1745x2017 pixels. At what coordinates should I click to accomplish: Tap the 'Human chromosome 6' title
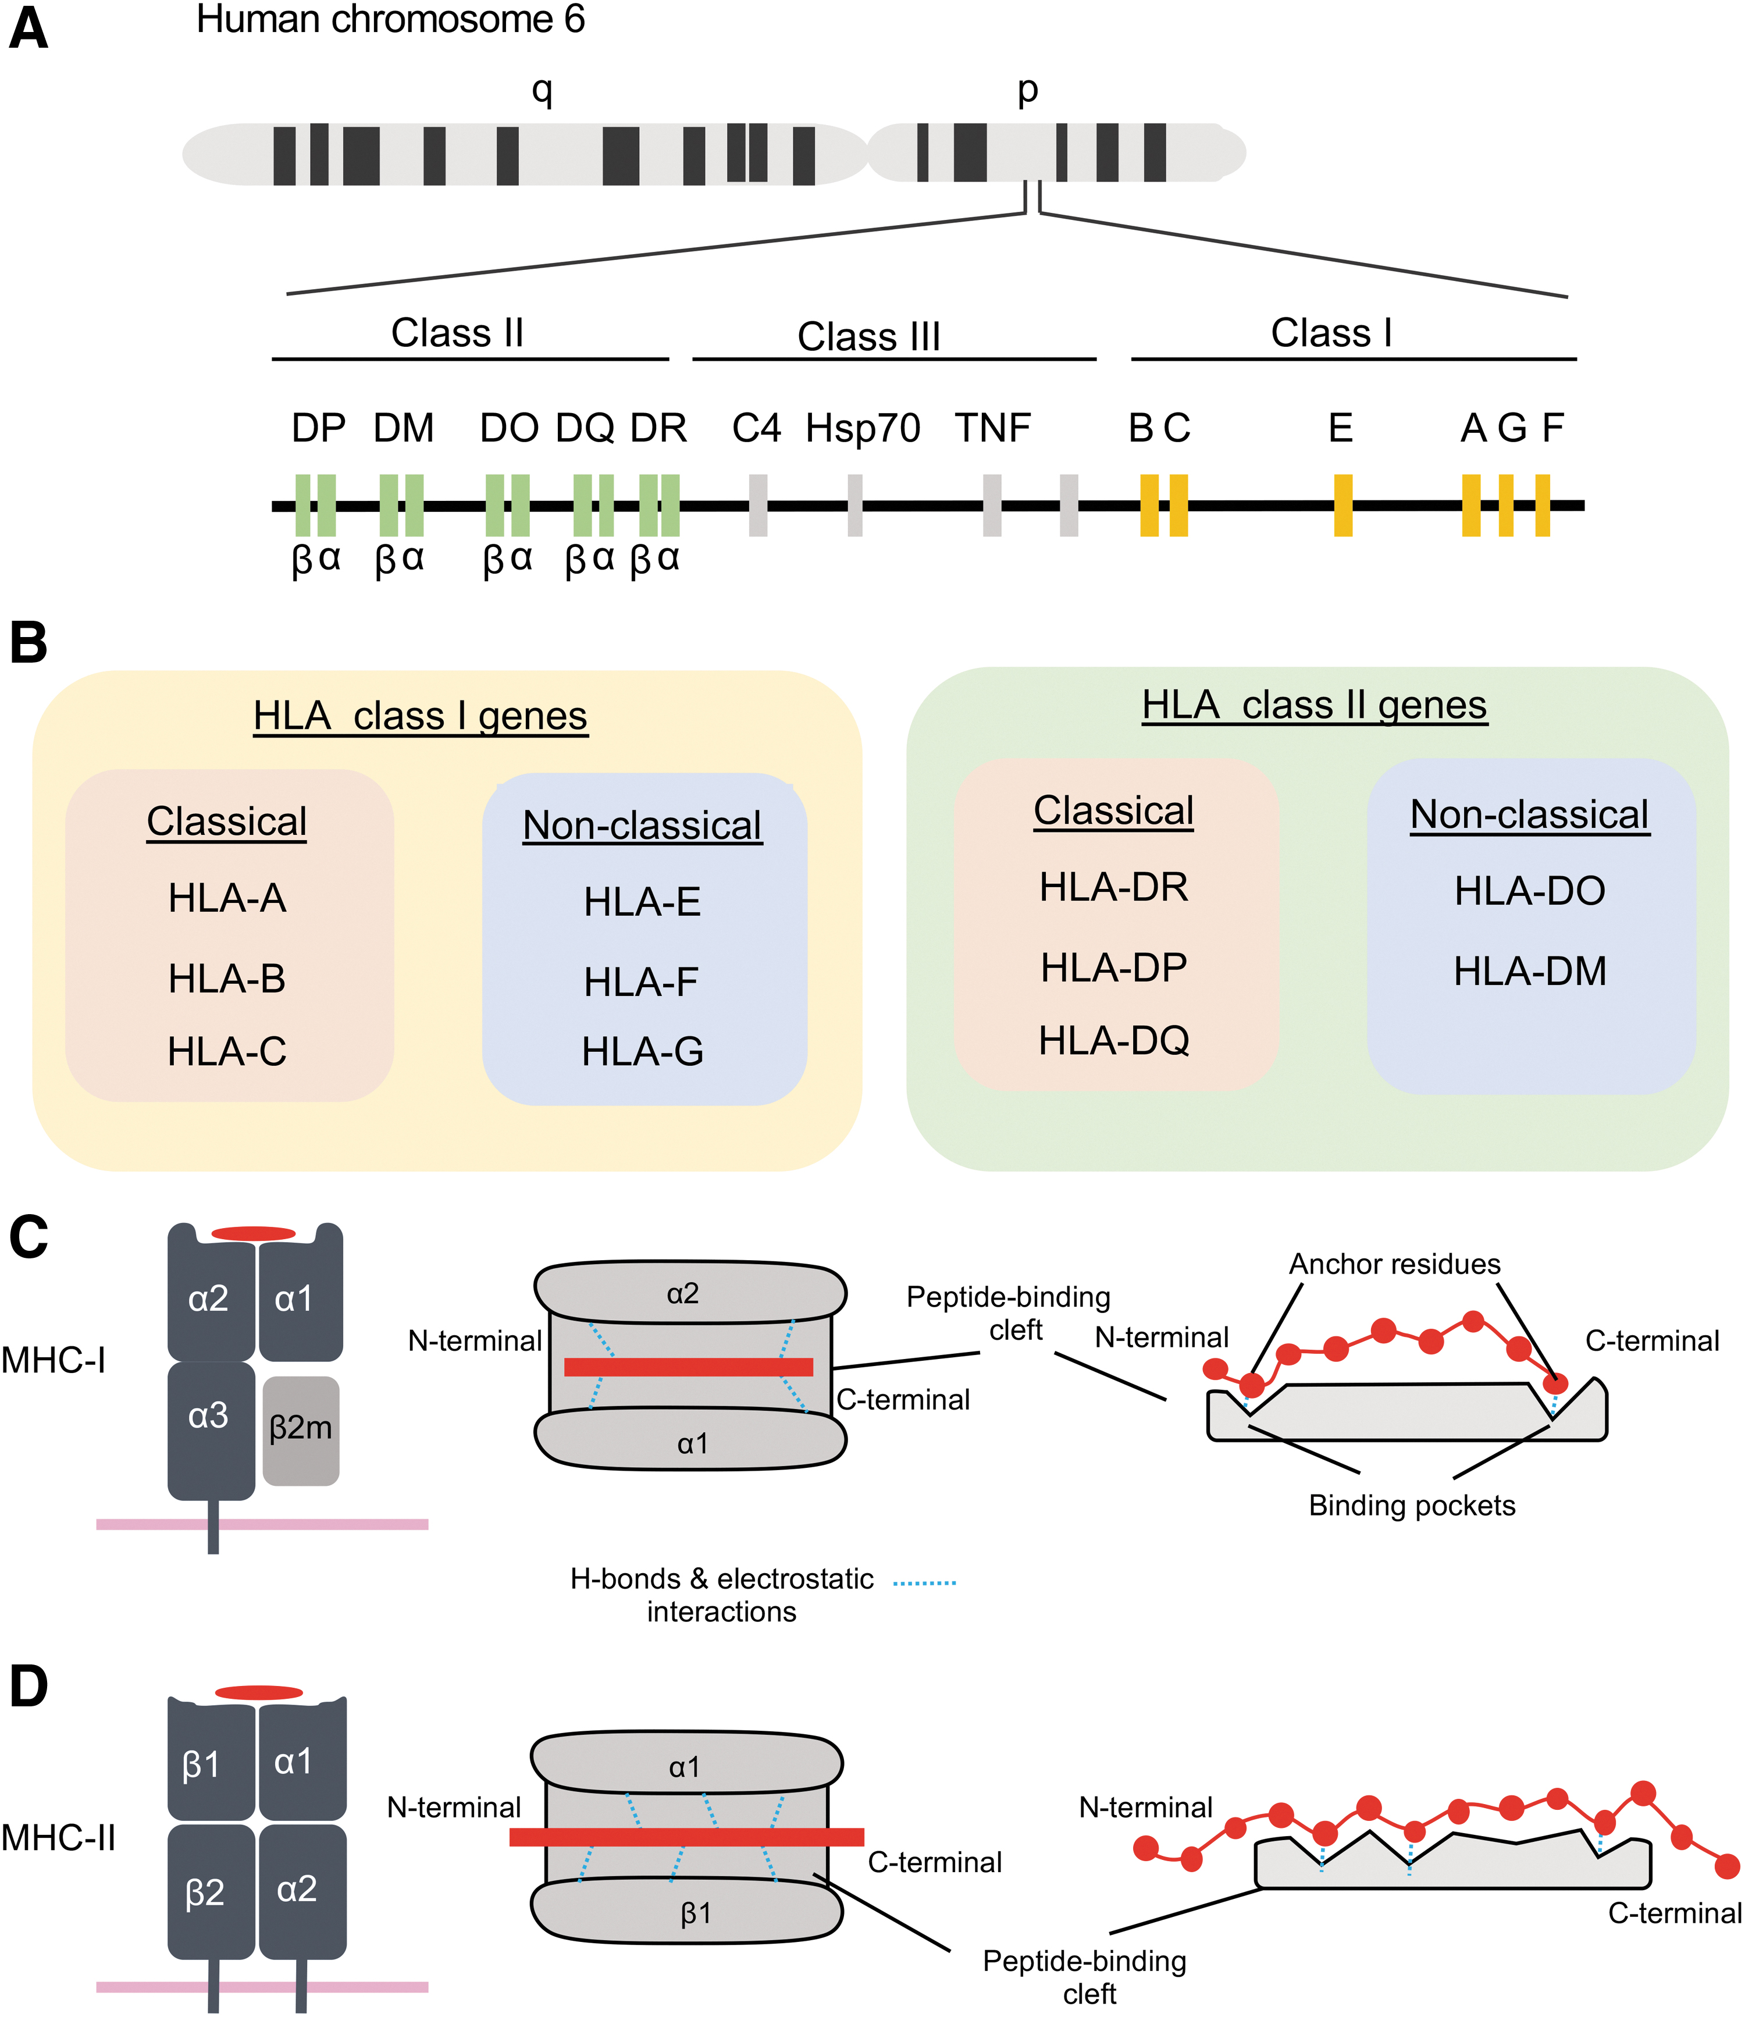[x=390, y=19]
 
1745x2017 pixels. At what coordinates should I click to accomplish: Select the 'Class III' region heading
[x=868, y=336]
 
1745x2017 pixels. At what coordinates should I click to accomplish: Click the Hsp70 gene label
[x=863, y=429]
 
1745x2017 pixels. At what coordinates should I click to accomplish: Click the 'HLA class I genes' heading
[x=421, y=716]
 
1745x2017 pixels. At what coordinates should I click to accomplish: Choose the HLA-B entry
[x=227, y=978]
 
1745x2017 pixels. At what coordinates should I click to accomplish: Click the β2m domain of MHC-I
[x=301, y=1431]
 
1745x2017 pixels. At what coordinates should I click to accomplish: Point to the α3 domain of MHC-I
[x=211, y=1430]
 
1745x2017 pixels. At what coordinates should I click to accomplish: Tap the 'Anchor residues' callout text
[x=1394, y=1264]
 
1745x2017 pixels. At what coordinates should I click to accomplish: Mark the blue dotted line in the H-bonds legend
[x=925, y=1582]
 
